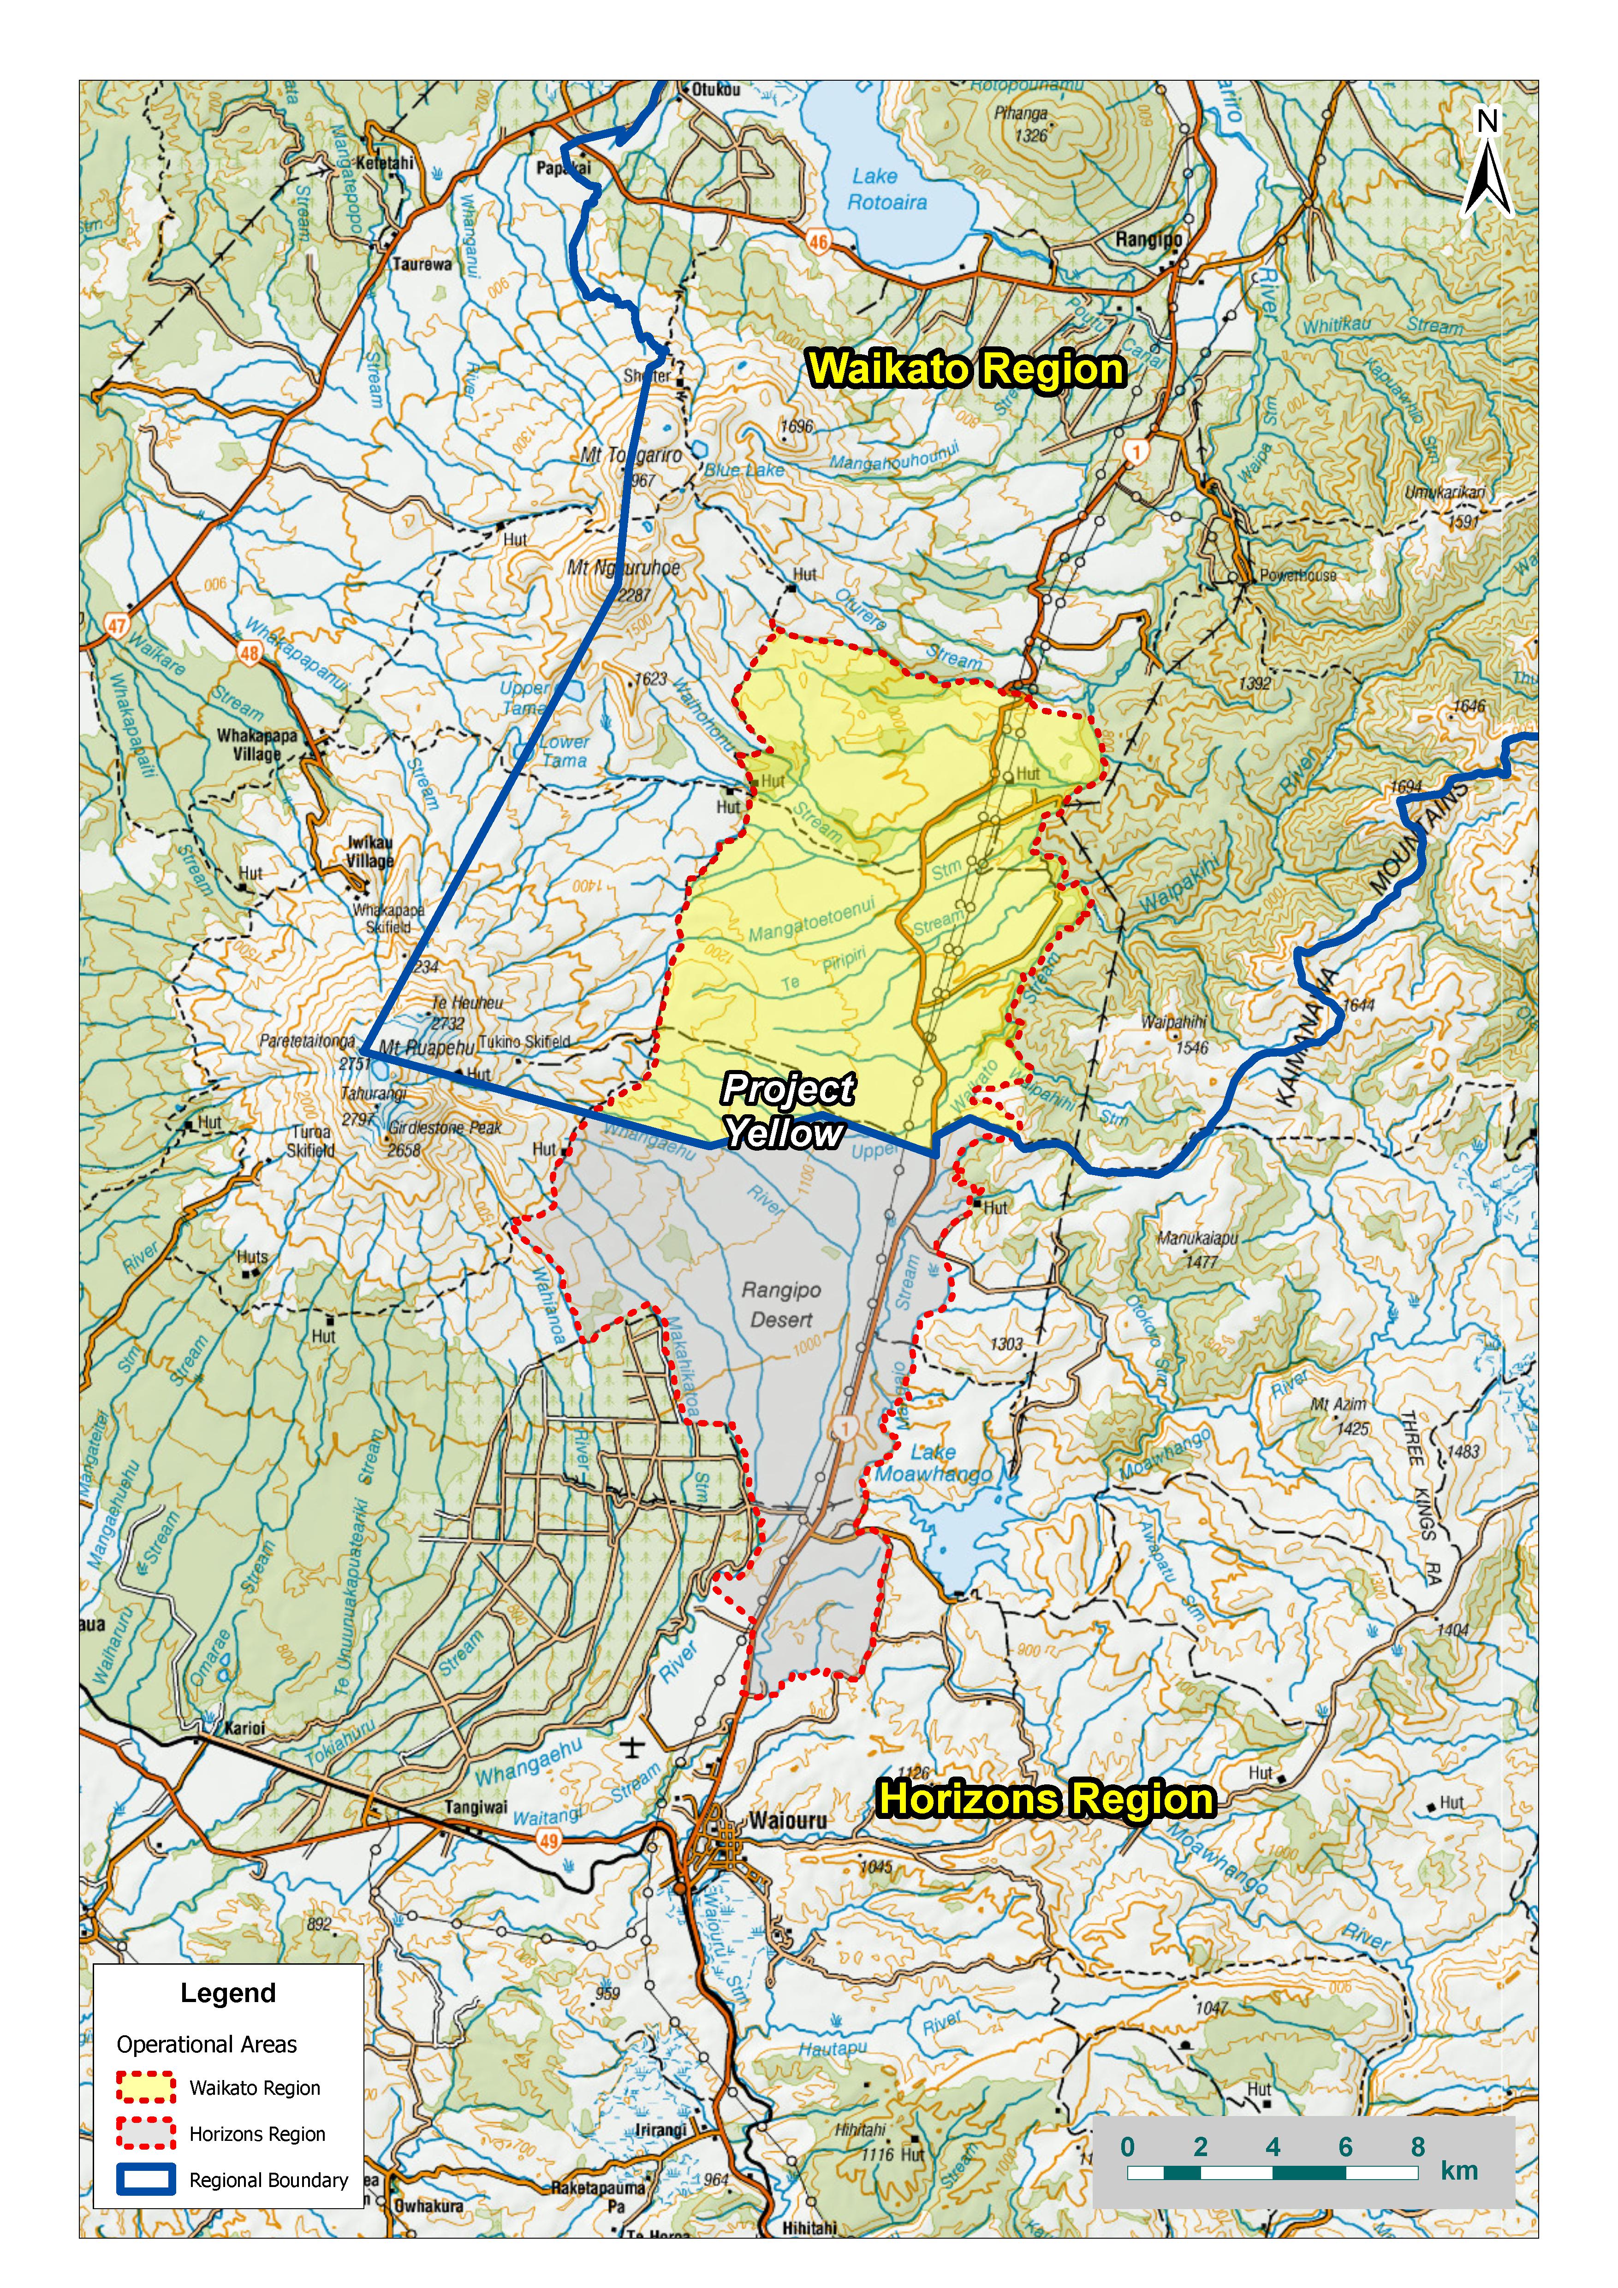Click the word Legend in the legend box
click(x=228, y=1993)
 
